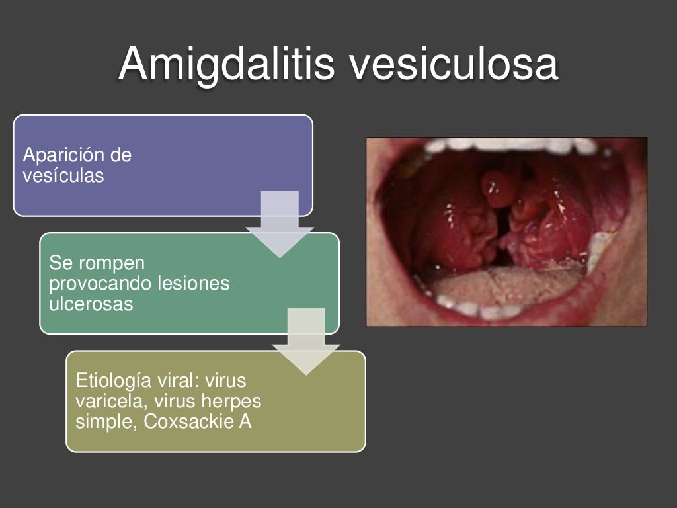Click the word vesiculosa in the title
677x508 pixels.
(454, 64)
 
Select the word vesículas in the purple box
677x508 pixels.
(63, 176)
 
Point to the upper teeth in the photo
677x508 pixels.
(509, 145)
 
